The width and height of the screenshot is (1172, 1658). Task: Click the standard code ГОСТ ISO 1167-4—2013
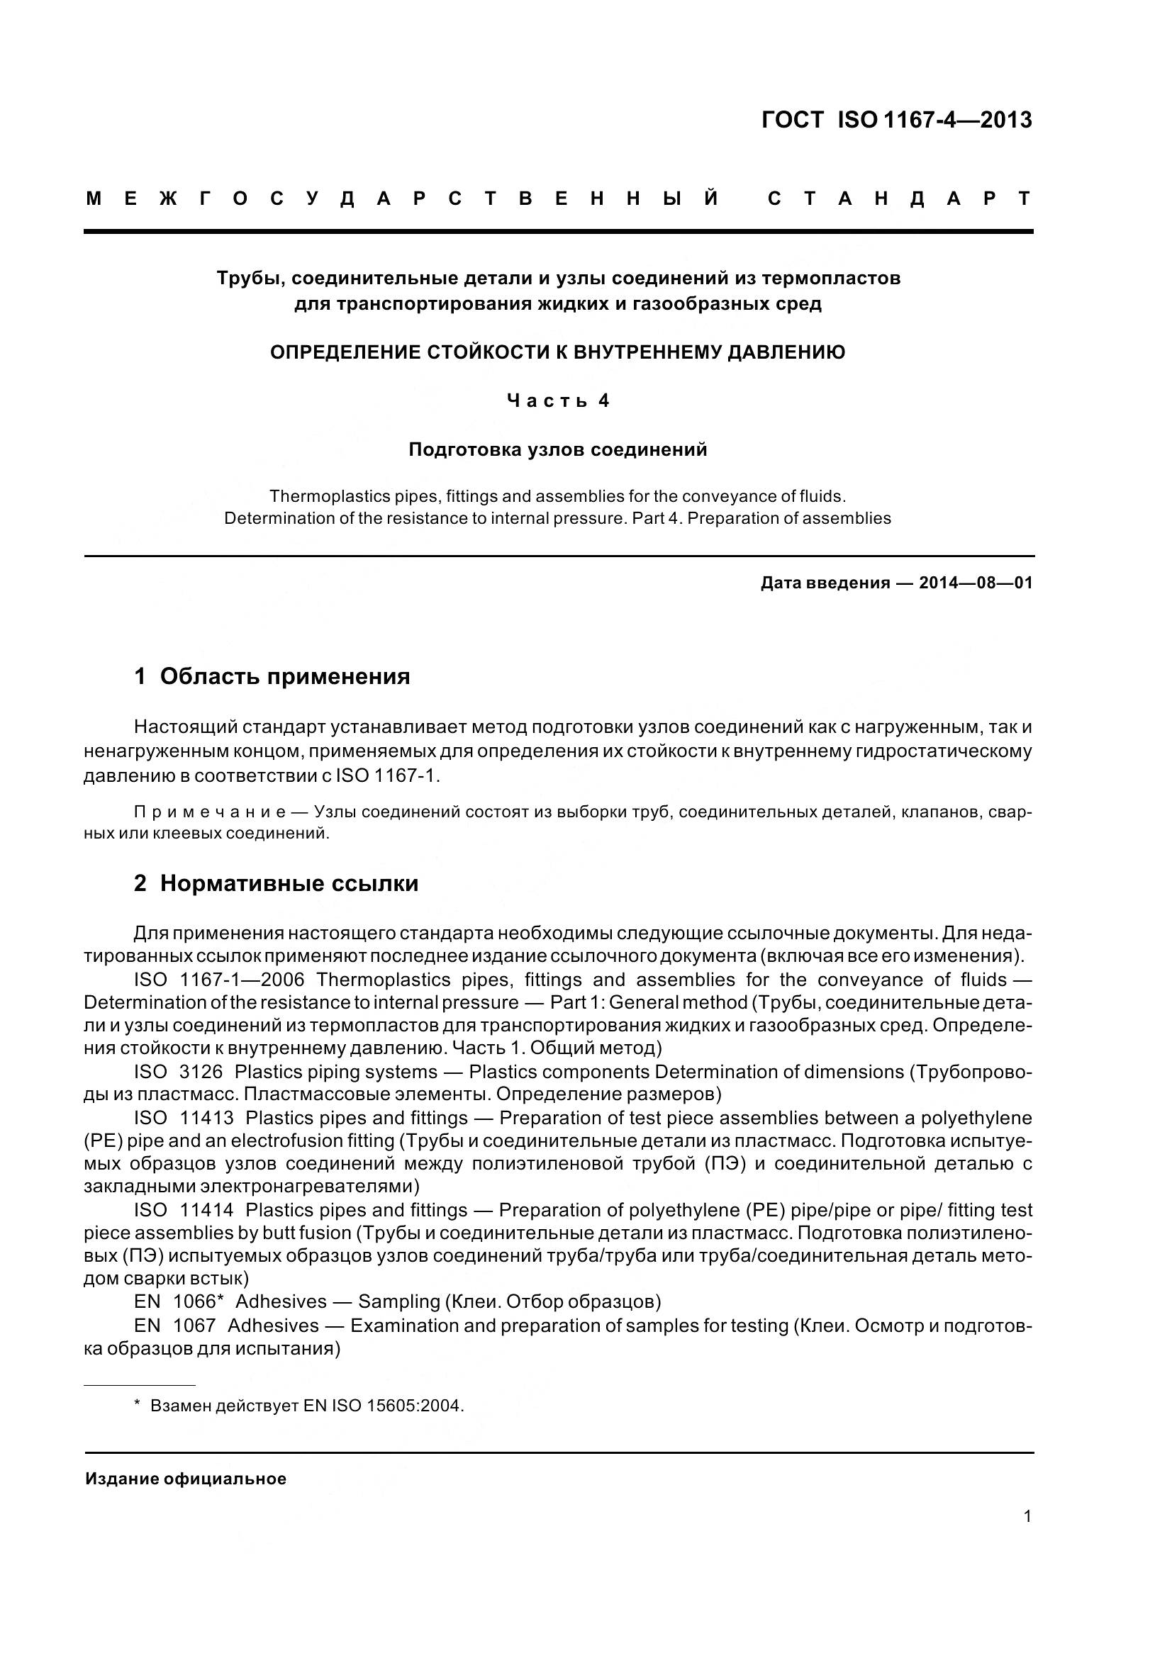point(896,120)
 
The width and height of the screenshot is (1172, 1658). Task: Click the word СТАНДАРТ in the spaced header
point(899,198)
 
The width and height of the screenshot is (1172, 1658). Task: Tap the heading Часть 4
point(557,400)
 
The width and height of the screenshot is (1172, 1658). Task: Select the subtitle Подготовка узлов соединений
point(557,450)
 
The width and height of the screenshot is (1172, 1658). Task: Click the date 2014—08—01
point(976,583)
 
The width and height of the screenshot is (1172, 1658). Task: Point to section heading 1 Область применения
point(272,677)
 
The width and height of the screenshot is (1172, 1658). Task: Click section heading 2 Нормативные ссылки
point(277,883)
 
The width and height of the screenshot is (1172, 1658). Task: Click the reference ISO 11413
point(184,1118)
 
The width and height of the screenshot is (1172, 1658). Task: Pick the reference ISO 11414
point(184,1210)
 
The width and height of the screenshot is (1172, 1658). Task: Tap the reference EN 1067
point(174,1325)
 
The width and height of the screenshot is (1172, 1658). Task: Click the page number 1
point(1027,1516)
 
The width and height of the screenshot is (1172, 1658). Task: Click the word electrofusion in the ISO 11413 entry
point(289,1141)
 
